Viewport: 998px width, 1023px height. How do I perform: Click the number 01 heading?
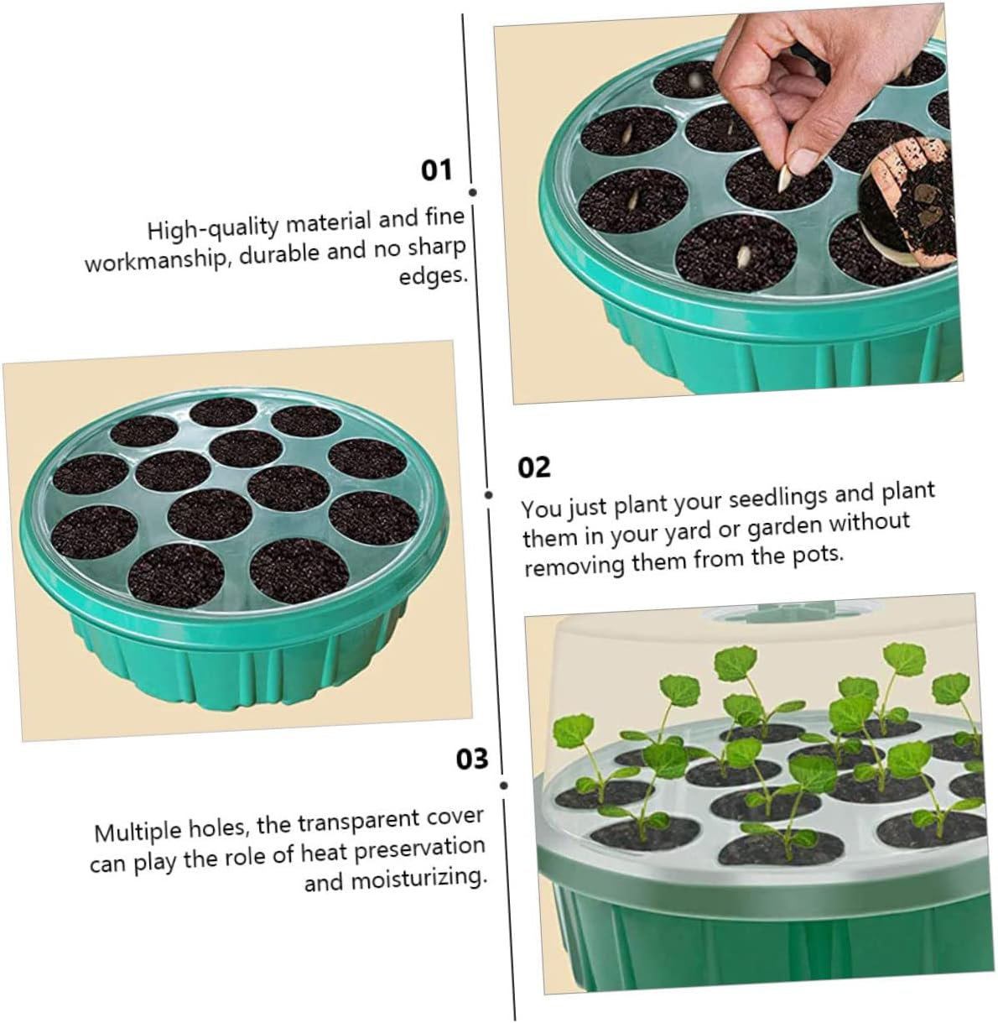[x=436, y=170]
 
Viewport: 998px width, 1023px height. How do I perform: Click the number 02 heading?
[x=534, y=467]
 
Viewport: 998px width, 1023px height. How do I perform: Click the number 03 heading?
[x=471, y=759]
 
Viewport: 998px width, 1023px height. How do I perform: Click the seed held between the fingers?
[x=784, y=176]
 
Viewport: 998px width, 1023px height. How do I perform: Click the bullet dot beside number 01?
[x=472, y=192]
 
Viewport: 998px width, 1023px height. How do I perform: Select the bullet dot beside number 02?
[x=488, y=494]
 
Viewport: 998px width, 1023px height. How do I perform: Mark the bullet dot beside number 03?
[x=503, y=786]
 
